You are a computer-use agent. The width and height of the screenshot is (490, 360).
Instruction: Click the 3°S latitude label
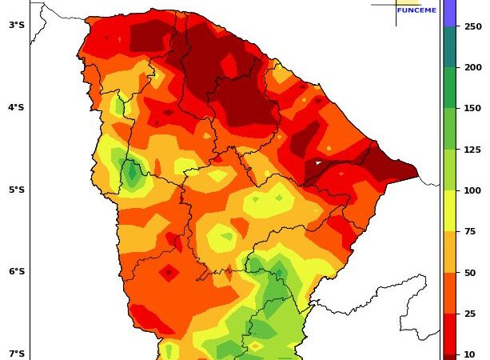[16, 25]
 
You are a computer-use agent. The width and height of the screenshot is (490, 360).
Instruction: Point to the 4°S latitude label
[16, 107]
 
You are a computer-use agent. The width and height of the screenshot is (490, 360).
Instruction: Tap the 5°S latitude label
[16, 190]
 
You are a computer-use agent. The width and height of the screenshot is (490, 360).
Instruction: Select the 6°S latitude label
[16, 271]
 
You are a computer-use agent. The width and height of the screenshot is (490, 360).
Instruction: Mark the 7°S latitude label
[16, 354]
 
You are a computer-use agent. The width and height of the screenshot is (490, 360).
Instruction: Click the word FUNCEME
[416, 10]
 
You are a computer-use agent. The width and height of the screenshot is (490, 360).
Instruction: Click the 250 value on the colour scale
[473, 26]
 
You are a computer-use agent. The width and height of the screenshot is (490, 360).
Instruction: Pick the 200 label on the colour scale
[473, 67]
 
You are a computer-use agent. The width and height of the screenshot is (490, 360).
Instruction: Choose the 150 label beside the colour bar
[473, 108]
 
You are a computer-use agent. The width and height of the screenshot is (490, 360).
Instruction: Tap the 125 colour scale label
[473, 150]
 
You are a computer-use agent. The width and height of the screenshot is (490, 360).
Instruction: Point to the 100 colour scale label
[473, 190]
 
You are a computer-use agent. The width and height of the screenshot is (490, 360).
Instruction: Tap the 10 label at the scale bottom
[470, 354]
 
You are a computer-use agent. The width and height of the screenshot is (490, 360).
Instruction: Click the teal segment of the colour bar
[449, 47]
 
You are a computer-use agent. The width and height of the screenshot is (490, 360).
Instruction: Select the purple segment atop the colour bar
[449, 12]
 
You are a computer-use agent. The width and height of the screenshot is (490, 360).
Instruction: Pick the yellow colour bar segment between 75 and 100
[449, 211]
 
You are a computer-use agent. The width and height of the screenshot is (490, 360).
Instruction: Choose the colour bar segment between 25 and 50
[449, 294]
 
